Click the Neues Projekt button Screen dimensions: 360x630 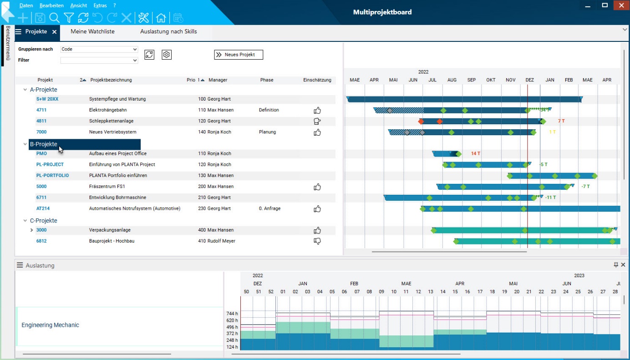239,55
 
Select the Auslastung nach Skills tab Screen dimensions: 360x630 168,31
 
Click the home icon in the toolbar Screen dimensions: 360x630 161,18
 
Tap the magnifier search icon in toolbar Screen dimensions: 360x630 54,18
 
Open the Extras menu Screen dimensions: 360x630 100,5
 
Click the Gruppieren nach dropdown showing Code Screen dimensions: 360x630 99,49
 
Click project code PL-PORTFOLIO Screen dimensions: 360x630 52,175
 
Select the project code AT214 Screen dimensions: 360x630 43,208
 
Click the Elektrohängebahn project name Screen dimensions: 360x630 108,110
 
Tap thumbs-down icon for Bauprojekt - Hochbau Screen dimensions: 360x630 317,241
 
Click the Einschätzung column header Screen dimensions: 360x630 317,80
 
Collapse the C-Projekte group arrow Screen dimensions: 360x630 25,221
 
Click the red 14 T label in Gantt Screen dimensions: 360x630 475,154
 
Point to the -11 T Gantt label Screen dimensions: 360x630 550,198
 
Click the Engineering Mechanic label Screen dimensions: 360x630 50,325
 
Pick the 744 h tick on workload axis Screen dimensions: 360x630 232,314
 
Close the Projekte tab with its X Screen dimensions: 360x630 54,32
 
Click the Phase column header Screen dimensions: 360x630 267,80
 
